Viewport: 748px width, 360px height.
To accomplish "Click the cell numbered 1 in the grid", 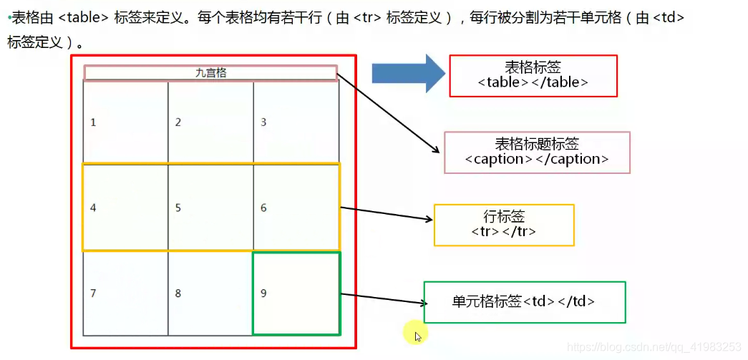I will click(x=125, y=122).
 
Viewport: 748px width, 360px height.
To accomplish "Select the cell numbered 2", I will click(x=210, y=122).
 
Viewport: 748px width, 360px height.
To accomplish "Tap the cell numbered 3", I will click(x=296, y=122).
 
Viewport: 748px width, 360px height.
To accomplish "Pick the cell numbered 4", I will click(x=125, y=208).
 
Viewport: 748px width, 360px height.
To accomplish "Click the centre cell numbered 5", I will click(x=210, y=208).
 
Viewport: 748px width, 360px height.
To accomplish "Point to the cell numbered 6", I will click(x=296, y=208).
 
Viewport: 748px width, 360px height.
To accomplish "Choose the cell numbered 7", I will click(x=125, y=293).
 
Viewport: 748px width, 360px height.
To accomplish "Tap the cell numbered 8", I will click(x=210, y=293).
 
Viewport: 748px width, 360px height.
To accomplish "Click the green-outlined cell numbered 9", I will click(x=296, y=293).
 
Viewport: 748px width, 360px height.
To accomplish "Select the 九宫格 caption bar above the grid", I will click(x=210, y=72).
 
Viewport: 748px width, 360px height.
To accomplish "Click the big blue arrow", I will click(x=408, y=72).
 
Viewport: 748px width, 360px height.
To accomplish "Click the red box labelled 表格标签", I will click(x=533, y=75).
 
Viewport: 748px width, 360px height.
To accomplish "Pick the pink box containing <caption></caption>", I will click(x=537, y=152).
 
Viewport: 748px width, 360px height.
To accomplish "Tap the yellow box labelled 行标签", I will click(x=504, y=225).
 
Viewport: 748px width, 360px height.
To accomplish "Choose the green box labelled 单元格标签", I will click(x=524, y=302).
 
